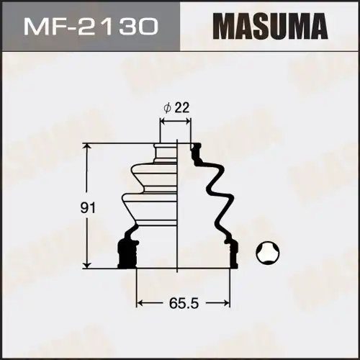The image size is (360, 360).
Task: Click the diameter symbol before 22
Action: click(167, 107)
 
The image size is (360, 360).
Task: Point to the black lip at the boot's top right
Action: click(194, 151)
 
